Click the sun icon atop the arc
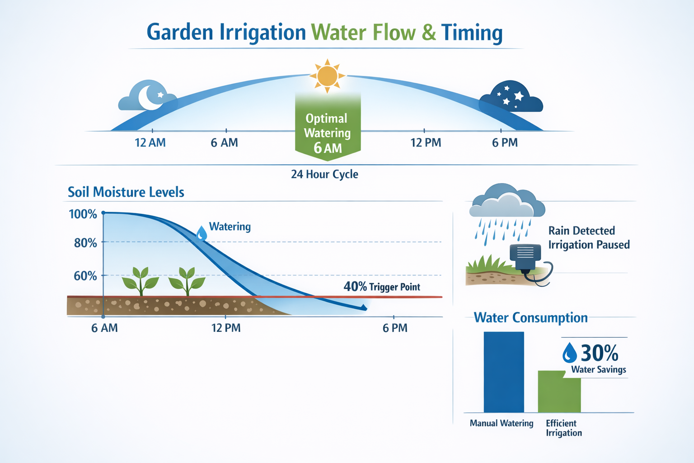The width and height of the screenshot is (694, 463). point(327,76)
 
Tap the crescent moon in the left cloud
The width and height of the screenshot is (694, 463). point(149,96)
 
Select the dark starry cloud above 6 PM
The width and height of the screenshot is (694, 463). point(511,97)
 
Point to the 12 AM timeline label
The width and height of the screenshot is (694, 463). point(150,143)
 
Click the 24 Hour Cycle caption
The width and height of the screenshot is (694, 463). point(324,174)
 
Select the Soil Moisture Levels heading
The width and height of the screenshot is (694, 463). point(126,192)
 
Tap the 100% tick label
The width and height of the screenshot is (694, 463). point(83,214)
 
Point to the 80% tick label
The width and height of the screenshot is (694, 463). point(85,243)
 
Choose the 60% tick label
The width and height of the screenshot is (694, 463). point(85,276)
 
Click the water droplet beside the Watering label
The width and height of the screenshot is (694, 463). point(202,233)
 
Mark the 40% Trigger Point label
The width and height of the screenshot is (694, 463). point(382,287)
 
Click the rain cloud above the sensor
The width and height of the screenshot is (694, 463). point(507,202)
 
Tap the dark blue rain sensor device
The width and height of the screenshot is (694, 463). point(525,256)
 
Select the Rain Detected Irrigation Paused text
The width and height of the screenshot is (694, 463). point(589,238)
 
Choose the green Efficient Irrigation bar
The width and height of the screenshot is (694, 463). point(559,392)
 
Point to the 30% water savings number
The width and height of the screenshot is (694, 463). point(599,353)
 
